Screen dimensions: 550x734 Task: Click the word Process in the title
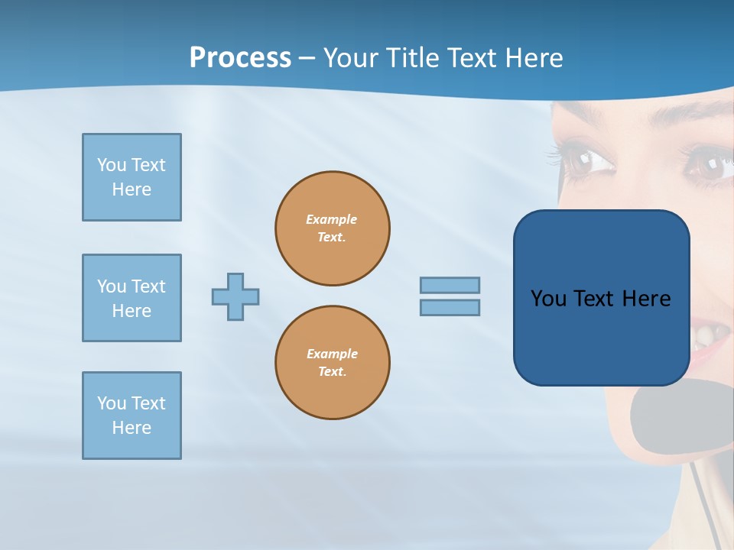pyautogui.click(x=240, y=58)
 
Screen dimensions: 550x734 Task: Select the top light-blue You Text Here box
pyautogui.click(x=132, y=177)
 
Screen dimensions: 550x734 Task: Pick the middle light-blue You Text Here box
pyautogui.click(x=132, y=298)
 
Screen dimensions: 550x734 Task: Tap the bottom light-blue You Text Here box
pyautogui.click(x=132, y=416)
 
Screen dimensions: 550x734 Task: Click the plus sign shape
pyautogui.click(x=235, y=296)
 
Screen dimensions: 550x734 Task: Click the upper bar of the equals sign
pyautogui.click(x=450, y=285)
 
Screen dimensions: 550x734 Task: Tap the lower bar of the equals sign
pyautogui.click(x=450, y=307)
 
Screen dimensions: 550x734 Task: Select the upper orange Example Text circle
pyautogui.click(x=332, y=228)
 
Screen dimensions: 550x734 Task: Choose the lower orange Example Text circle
pyautogui.click(x=332, y=363)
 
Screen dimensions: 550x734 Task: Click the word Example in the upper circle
pyautogui.click(x=331, y=219)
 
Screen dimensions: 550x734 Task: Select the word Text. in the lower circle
pyautogui.click(x=332, y=372)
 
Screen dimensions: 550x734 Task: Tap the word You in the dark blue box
pyautogui.click(x=548, y=299)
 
